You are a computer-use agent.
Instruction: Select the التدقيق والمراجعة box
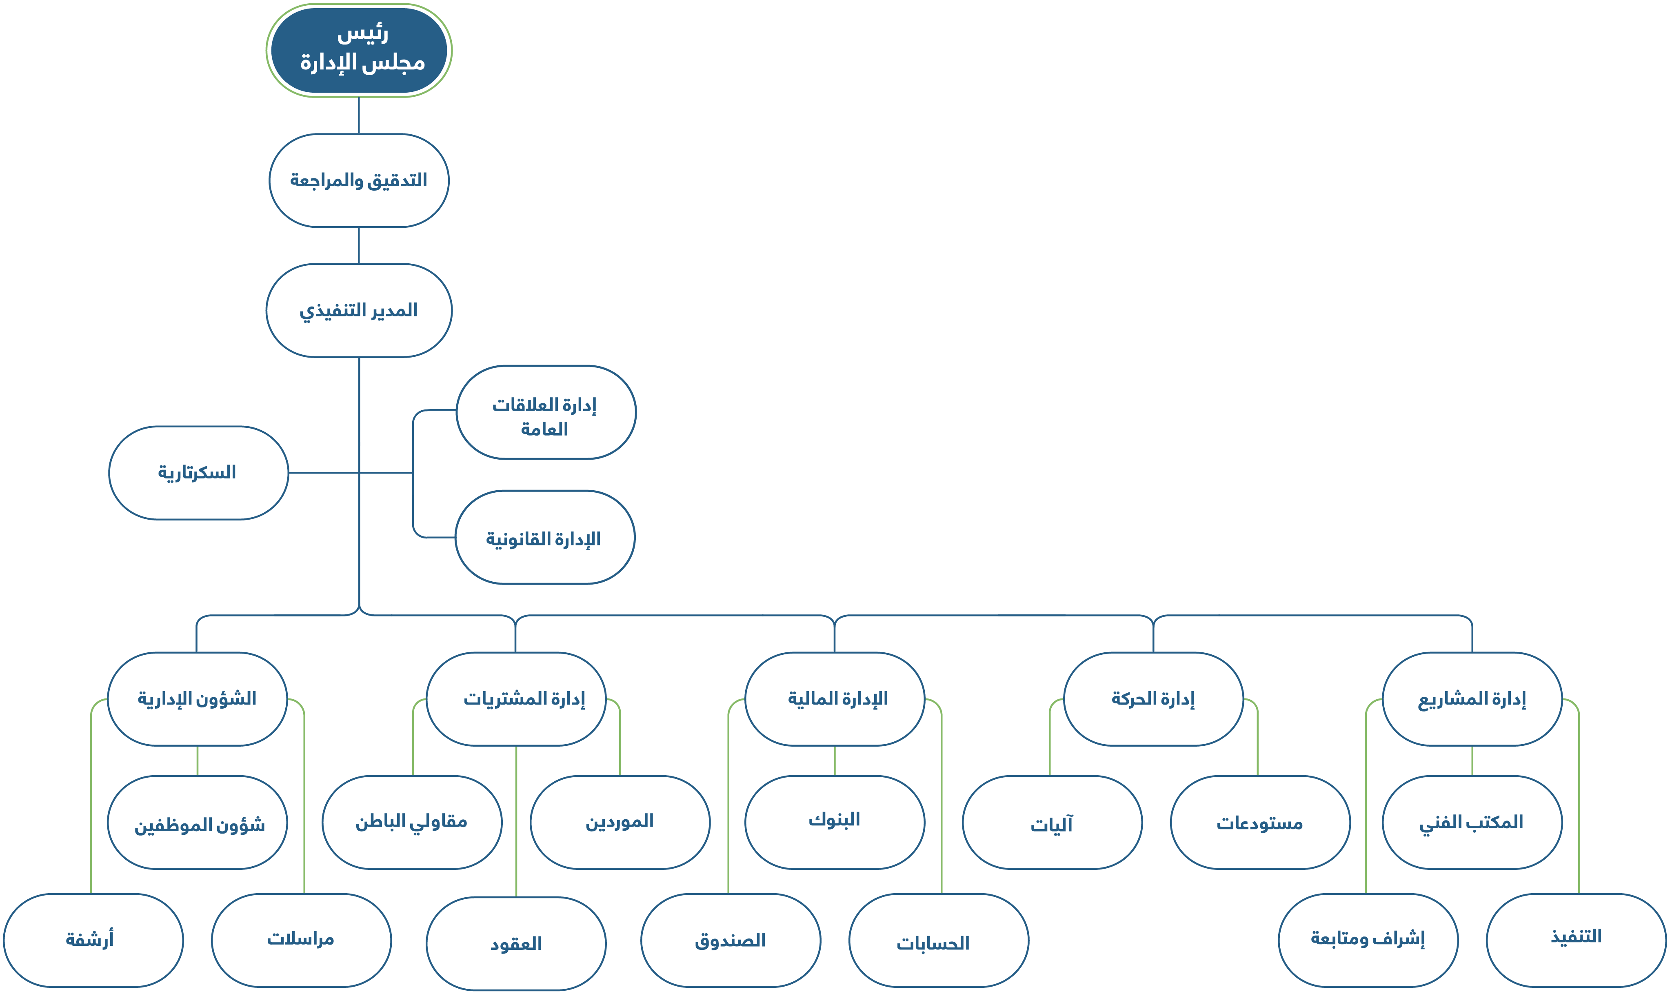[x=359, y=180]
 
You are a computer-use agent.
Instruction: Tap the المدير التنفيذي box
[x=359, y=310]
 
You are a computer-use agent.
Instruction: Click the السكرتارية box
[x=198, y=473]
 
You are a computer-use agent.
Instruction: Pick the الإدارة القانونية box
[x=544, y=537]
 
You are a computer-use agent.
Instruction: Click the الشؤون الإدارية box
[x=198, y=698]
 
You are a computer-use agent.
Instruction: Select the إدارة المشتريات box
[x=516, y=698]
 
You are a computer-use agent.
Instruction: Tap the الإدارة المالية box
[x=835, y=698]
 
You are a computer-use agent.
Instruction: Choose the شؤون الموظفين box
[x=198, y=823]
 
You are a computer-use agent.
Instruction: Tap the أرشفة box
[x=93, y=940]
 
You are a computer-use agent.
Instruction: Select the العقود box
[x=516, y=943]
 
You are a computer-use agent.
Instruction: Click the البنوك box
[x=835, y=823]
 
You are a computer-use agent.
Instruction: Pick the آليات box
[x=1052, y=823]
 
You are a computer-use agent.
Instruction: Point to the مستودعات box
[x=1260, y=823]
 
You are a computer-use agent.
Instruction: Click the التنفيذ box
[x=1576, y=940]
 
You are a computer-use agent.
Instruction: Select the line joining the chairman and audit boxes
[x=359, y=115]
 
